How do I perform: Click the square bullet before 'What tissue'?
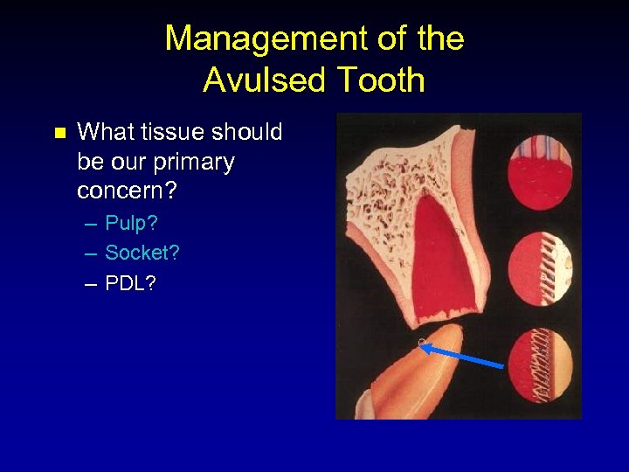[x=59, y=134]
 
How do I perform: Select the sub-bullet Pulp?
[x=131, y=224]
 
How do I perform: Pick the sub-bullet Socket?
[x=142, y=253]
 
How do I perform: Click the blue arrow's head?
[x=424, y=347]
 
